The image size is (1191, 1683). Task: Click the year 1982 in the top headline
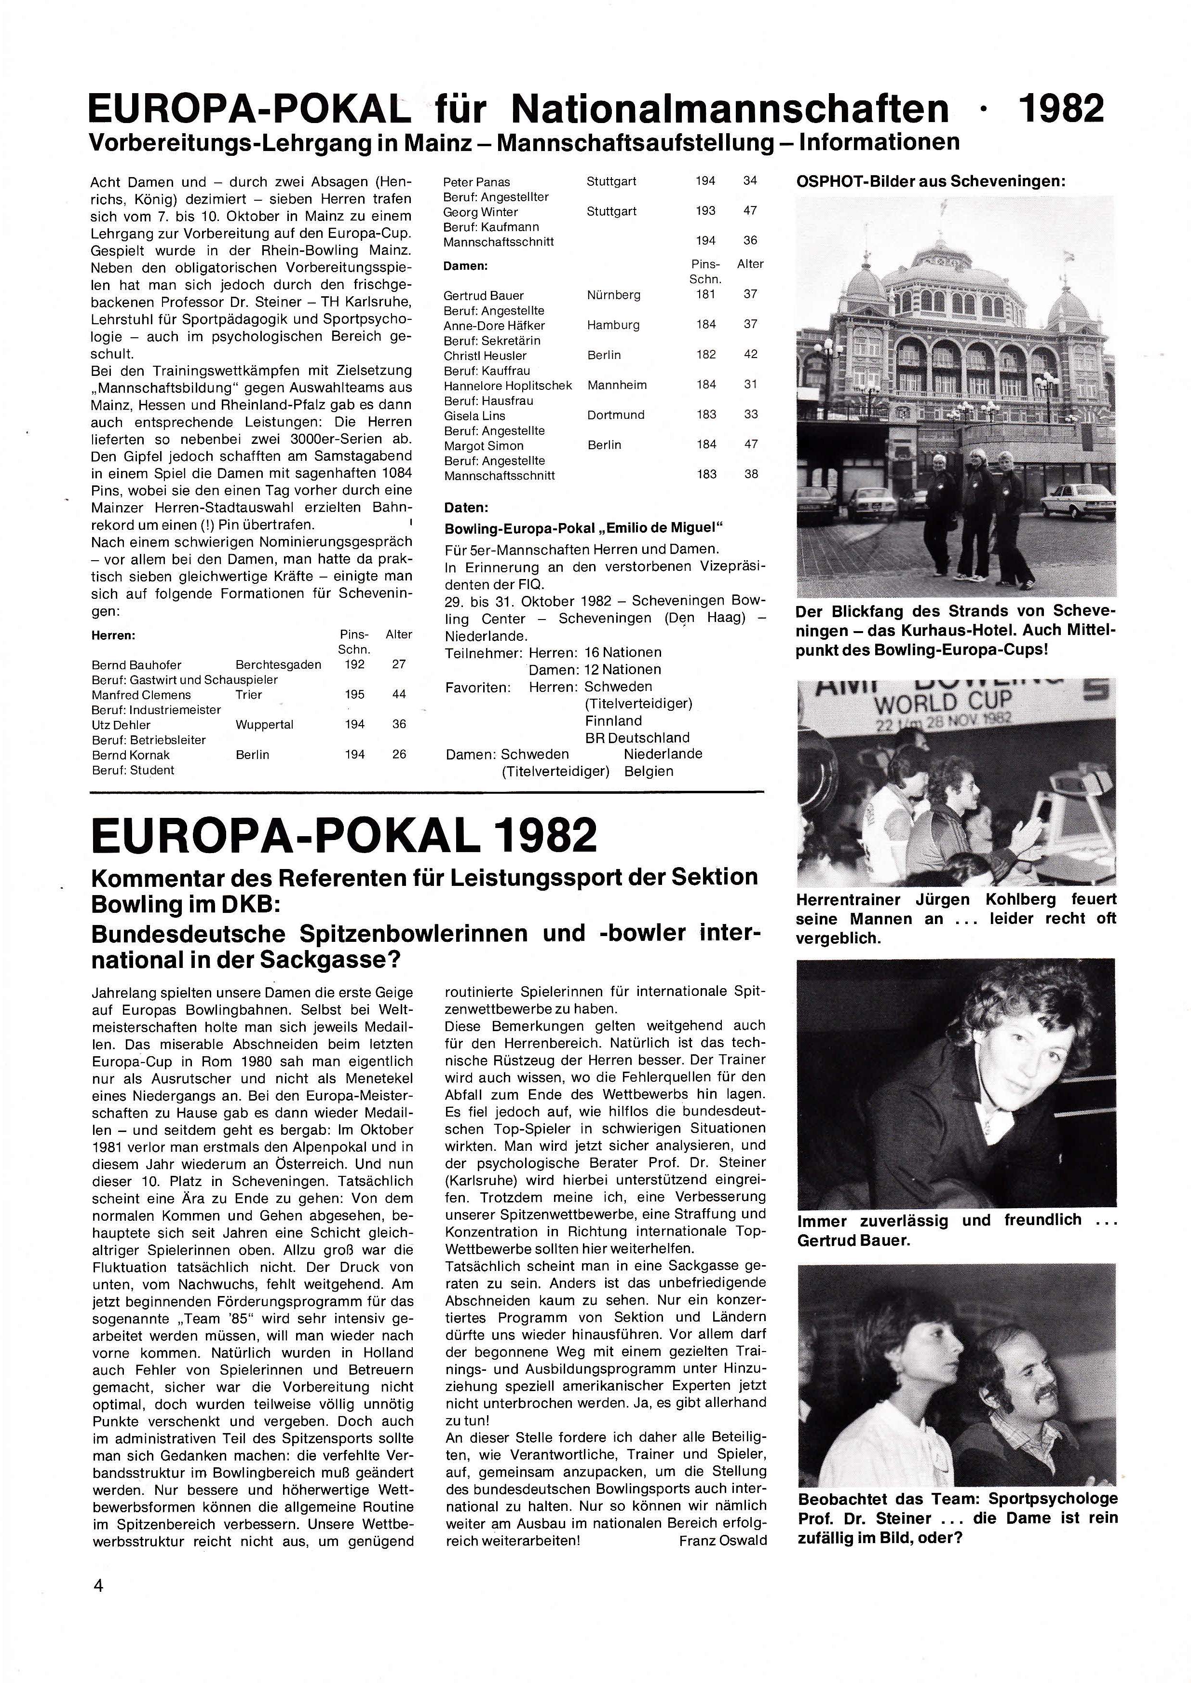pos(1061,108)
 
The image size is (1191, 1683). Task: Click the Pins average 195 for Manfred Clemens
pos(355,694)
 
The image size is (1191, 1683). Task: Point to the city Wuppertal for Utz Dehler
pos(265,724)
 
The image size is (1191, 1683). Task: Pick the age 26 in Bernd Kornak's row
pos(399,754)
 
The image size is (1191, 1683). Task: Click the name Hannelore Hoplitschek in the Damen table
pos(507,385)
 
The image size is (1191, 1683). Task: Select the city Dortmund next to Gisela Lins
pos(616,414)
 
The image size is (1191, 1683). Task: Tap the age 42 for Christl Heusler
pos(751,354)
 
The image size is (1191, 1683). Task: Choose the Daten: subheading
pos(466,508)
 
